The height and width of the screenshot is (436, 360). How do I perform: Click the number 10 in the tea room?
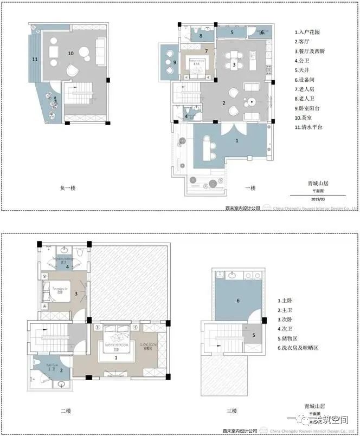click(x=70, y=53)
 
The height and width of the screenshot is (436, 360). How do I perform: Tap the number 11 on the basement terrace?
click(x=35, y=58)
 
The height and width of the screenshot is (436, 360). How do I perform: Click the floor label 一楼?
click(x=250, y=188)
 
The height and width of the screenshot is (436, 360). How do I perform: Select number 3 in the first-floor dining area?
click(x=234, y=65)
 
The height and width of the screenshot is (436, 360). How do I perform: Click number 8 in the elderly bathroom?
click(x=200, y=36)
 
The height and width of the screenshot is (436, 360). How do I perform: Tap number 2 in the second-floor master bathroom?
click(x=61, y=370)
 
